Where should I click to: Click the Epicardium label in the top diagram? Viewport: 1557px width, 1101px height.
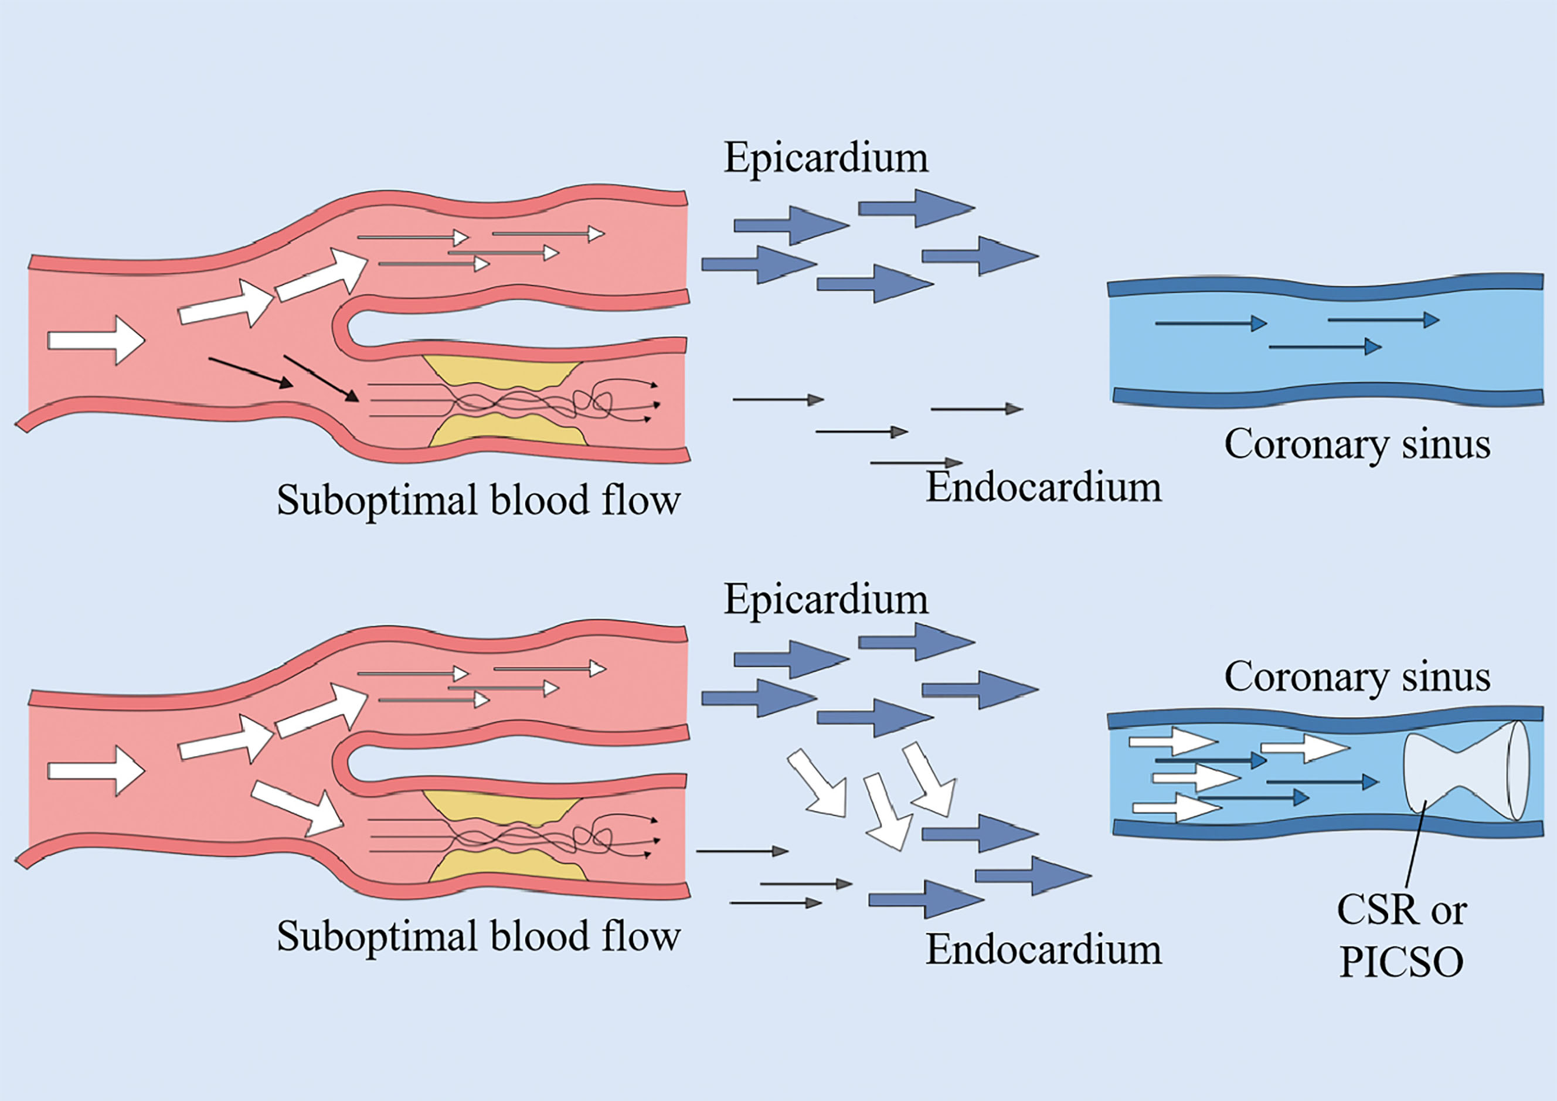825,158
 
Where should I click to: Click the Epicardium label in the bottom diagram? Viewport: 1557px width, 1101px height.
825,600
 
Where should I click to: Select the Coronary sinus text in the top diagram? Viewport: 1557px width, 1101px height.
1357,445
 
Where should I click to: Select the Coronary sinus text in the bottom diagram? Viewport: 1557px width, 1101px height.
1357,677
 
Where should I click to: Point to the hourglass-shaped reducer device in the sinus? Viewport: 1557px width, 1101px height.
1465,769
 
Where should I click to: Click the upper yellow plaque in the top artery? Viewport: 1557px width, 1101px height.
502,372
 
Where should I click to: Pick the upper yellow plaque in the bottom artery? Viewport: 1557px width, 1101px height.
502,807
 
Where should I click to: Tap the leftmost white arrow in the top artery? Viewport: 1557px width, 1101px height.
96,340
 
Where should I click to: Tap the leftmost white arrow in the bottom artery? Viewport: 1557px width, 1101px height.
96,770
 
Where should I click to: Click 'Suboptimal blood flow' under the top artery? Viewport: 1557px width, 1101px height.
478,501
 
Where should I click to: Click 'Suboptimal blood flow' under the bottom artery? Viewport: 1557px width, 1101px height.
478,936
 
